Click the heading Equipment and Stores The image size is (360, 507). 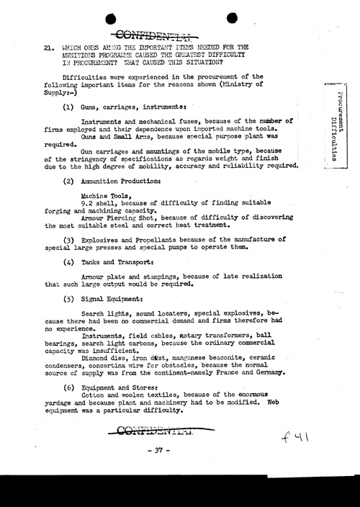[117, 387]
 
